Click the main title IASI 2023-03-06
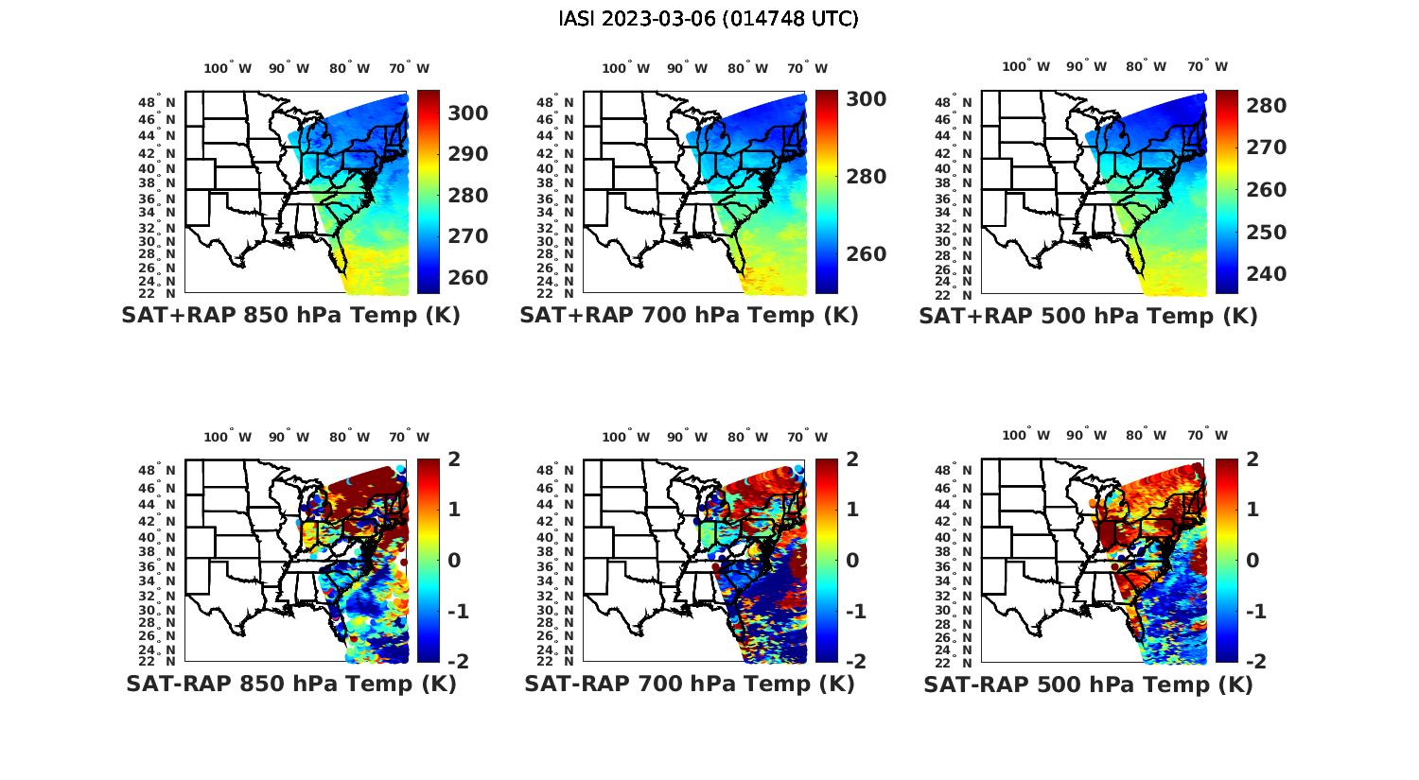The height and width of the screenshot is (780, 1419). point(709,19)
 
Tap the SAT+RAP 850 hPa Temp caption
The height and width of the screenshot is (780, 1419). point(290,315)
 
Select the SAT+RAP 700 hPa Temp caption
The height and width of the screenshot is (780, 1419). point(689,315)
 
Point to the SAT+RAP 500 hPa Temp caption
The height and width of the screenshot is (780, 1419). point(1088,316)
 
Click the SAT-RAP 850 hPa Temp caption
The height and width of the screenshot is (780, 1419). point(290,684)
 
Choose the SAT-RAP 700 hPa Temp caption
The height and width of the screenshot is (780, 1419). point(689,684)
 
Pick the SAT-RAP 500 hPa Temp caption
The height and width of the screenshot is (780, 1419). point(1088,685)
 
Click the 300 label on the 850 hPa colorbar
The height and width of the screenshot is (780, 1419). point(468,113)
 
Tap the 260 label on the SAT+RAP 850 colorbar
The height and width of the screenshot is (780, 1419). point(468,277)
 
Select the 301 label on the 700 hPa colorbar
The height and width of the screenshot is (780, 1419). point(867,98)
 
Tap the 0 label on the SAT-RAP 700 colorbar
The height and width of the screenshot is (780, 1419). point(852,560)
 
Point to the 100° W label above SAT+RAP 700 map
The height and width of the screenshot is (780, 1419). point(625,68)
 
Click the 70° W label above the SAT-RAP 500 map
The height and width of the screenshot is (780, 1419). point(1207,436)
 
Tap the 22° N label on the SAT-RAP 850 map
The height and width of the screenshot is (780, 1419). point(157,661)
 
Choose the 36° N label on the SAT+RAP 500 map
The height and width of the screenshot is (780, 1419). point(954,199)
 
